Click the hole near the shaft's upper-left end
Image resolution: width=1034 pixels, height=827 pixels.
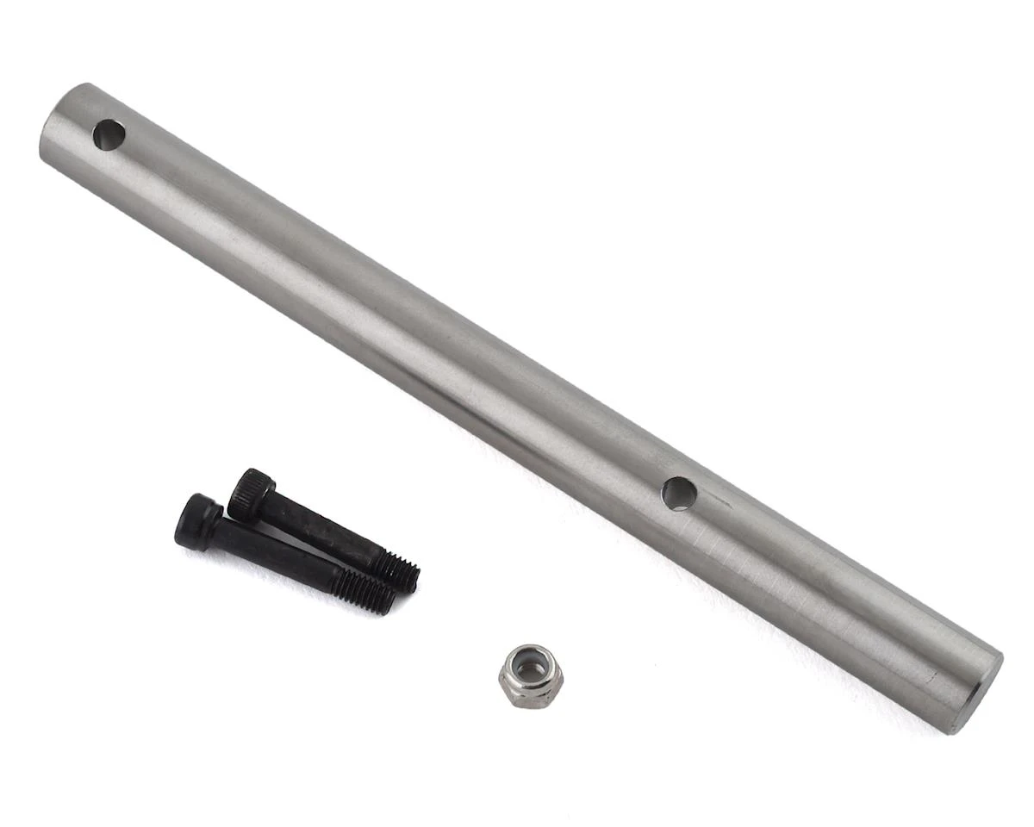pyautogui.click(x=109, y=135)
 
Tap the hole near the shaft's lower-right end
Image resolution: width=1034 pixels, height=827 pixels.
pyautogui.click(x=679, y=494)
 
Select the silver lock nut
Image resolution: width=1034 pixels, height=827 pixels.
pyautogui.click(x=531, y=676)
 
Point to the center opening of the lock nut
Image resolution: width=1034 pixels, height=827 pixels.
pyautogui.click(x=532, y=668)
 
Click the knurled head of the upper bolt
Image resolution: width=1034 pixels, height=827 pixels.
pyautogui.click(x=252, y=494)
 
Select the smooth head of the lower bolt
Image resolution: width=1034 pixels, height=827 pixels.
pyautogui.click(x=197, y=522)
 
